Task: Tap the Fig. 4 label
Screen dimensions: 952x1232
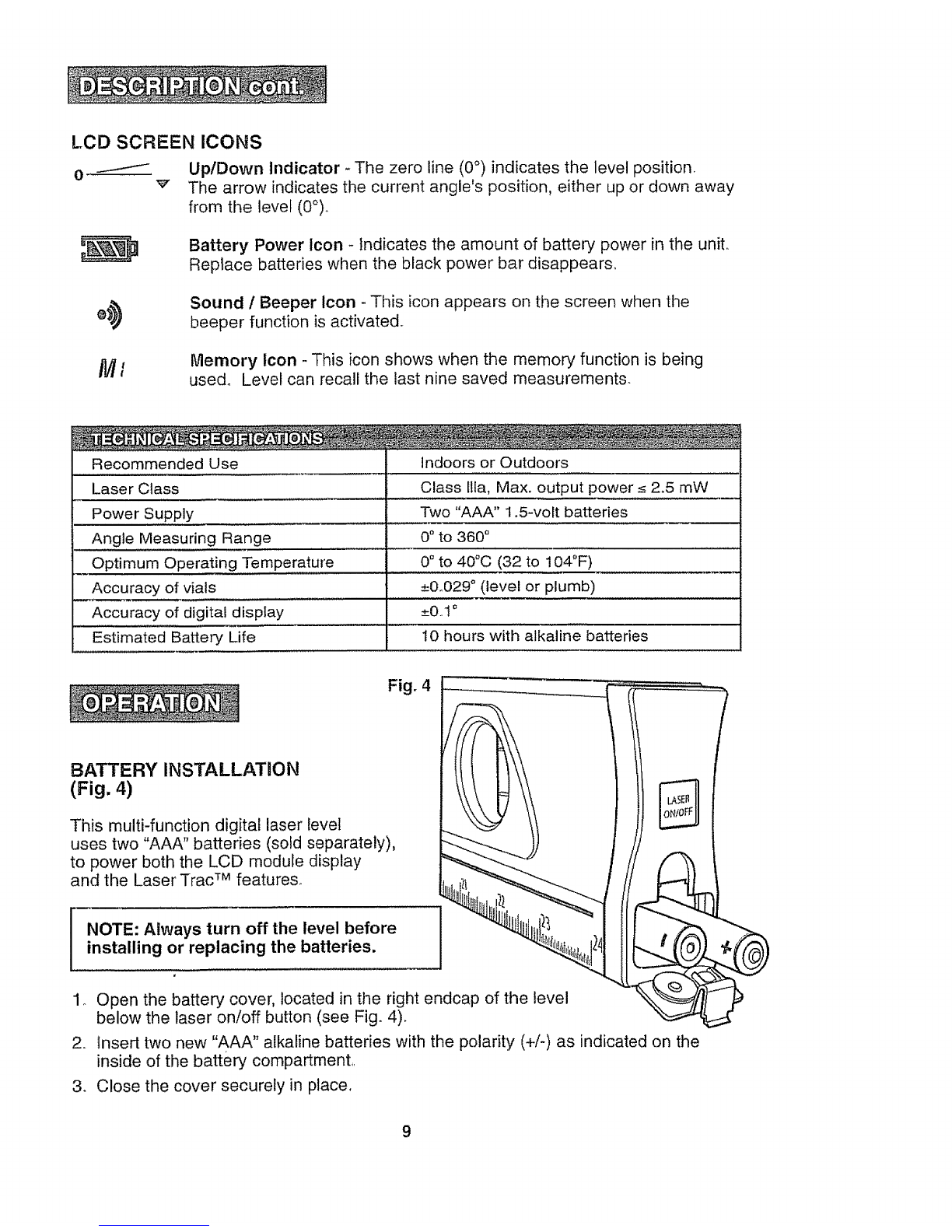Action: (409, 686)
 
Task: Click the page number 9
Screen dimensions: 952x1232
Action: (407, 1132)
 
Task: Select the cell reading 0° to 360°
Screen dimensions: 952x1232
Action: (455, 537)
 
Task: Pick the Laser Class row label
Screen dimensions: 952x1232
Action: (135, 488)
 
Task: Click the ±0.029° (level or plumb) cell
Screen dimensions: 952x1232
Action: (508, 586)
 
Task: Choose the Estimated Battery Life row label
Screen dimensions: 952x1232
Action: (173, 637)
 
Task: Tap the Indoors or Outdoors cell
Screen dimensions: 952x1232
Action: (495, 463)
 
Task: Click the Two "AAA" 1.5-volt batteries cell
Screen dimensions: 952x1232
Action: (524, 512)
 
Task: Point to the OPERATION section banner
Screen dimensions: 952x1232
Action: (154, 703)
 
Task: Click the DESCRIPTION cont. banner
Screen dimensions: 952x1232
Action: (197, 85)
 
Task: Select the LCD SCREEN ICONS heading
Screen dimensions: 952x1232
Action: (166, 142)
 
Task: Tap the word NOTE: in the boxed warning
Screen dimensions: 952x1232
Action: (113, 929)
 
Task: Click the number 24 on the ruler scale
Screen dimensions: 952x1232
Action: (597, 945)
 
